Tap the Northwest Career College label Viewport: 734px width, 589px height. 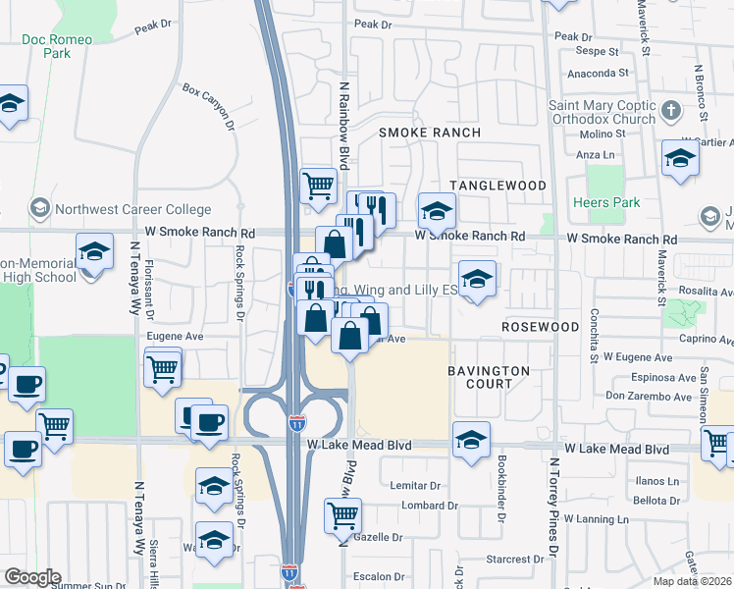pos(133,209)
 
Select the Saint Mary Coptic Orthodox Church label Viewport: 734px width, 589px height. pos(602,112)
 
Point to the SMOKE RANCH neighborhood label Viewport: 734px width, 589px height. pos(430,133)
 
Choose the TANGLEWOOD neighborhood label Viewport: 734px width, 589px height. pos(498,186)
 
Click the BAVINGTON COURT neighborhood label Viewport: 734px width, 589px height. pos(489,377)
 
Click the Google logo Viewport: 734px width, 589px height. pos(32,577)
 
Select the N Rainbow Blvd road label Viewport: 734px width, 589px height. pos(344,126)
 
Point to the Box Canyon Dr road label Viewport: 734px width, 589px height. pos(208,107)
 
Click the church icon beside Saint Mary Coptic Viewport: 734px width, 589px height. pos(671,109)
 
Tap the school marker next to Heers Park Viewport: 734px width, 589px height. pos(680,157)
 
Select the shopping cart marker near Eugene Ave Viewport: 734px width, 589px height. pos(163,369)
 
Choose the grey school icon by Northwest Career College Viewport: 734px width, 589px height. pos(40,209)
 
